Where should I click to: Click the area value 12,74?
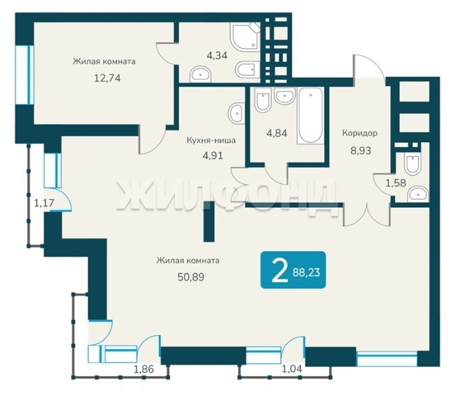click(107, 78)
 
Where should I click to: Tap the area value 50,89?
click(191, 277)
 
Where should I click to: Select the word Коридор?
click(360, 133)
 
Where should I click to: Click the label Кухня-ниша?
click(211, 141)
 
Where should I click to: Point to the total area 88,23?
click(306, 272)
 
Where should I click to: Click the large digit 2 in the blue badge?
click(279, 270)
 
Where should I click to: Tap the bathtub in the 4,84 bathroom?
click(310, 116)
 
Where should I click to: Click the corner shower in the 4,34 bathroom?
click(245, 36)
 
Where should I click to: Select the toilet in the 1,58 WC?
click(413, 164)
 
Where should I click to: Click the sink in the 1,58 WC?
click(417, 194)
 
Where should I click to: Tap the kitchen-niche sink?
click(236, 114)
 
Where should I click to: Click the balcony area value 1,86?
click(144, 369)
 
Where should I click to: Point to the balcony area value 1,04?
click(292, 368)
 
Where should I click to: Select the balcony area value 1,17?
click(44, 203)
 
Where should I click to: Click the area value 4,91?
click(213, 156)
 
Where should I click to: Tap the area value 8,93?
click(360, 150)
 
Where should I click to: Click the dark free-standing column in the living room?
click(209, 221)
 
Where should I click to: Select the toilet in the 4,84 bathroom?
click(263, 100)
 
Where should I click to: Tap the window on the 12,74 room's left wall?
click(25, 75)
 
